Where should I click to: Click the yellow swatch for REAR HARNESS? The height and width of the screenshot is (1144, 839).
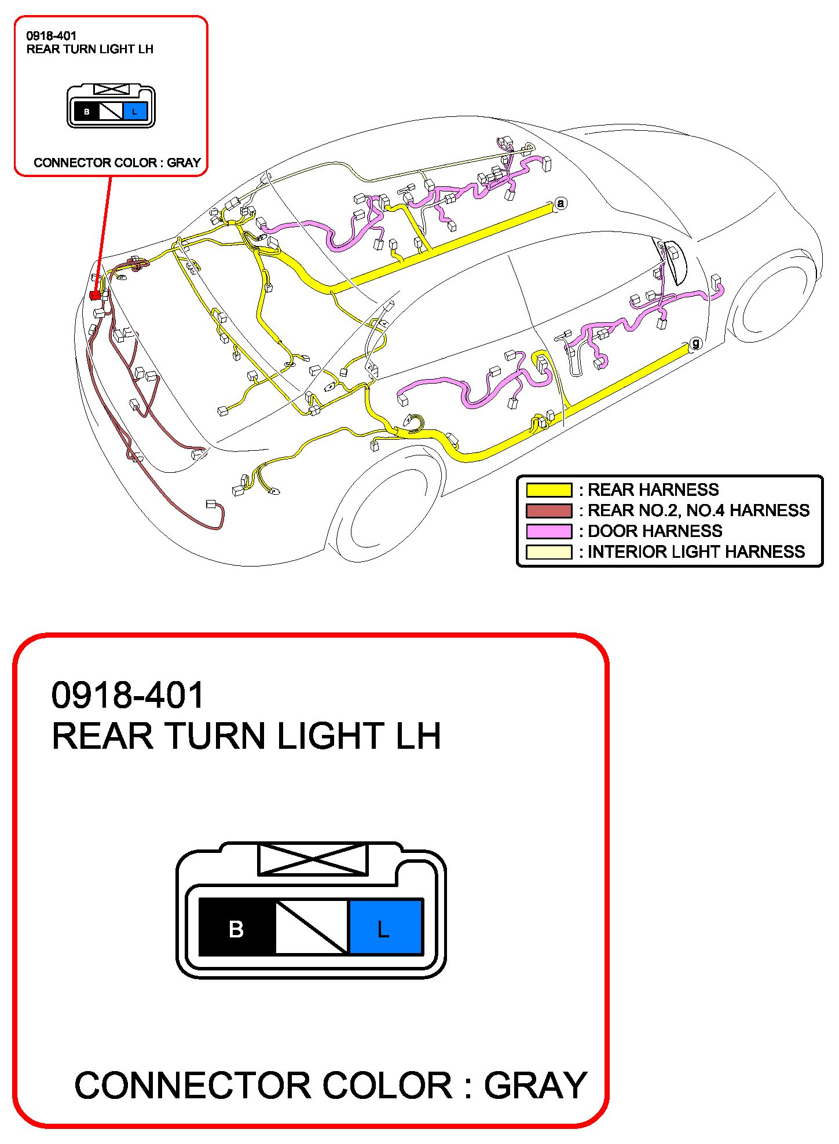(548, 490)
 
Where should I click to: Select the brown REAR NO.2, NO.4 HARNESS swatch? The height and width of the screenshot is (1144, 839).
(548, 511)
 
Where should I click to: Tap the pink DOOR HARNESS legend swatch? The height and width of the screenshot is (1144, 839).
(548, 531)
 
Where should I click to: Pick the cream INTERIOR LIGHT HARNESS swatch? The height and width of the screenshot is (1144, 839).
(548, 552)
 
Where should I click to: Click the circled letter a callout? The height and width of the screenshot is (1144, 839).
(560, 204)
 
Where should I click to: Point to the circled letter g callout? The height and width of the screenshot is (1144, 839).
(695, 343)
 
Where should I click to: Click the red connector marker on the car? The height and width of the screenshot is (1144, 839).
(95, 296)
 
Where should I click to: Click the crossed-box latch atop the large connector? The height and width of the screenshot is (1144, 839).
(312, 859)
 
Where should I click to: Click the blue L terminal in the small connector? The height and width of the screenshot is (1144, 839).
(135, 112)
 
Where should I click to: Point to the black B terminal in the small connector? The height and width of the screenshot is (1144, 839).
(86, 112)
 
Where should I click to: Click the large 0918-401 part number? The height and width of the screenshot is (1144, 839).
(127, 695)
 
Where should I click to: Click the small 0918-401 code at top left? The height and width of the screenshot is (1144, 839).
(51, 36)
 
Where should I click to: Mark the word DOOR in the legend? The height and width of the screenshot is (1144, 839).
(613, 531)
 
